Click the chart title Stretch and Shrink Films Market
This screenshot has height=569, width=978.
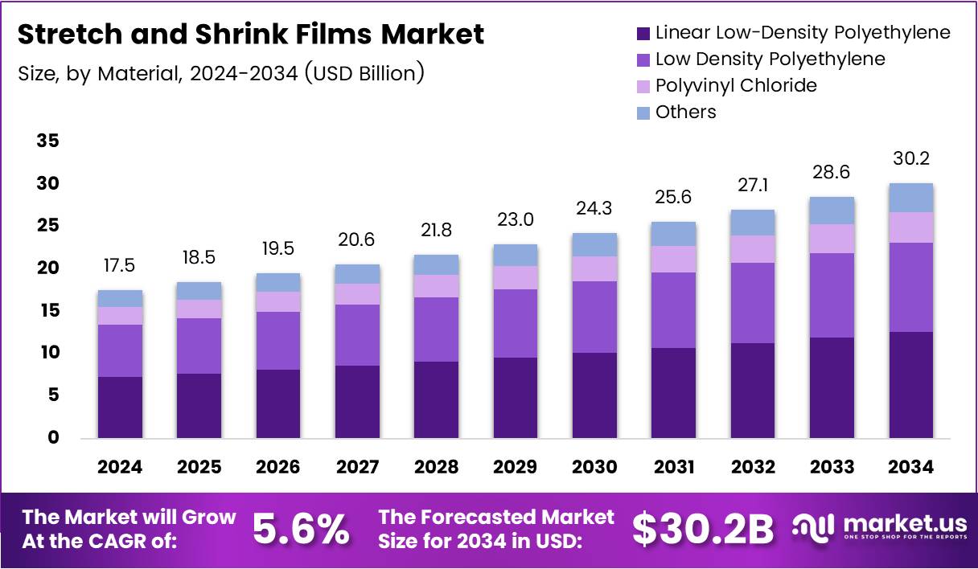[x=250, y=35]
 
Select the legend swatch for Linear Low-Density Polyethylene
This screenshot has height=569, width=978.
[x=643, y=34]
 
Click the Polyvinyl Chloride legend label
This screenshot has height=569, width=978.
[x=735, y=85]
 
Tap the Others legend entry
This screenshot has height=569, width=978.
[x=685, y=112]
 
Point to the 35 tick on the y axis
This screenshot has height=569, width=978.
[x=48, y=141]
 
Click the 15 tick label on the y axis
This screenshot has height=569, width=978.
[x=48, y=310]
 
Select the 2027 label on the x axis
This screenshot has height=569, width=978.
[x=357, y=467]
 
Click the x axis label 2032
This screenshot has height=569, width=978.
[x=753, y=467]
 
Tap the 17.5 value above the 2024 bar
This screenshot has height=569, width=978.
[x=120, y=265]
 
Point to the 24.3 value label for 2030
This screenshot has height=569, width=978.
[x=594, y=208]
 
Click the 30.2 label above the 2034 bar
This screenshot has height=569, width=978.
[x=911, y=158]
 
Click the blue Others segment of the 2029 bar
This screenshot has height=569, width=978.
[x=516, y=255]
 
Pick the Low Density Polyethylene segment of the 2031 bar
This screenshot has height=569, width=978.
[x=674, y=309]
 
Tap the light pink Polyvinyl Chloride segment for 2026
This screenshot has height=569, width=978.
[x=278, y=301]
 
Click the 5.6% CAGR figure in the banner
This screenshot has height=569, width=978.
[x=302, y=529]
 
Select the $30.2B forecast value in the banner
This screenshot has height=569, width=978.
[x=702, y=529]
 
